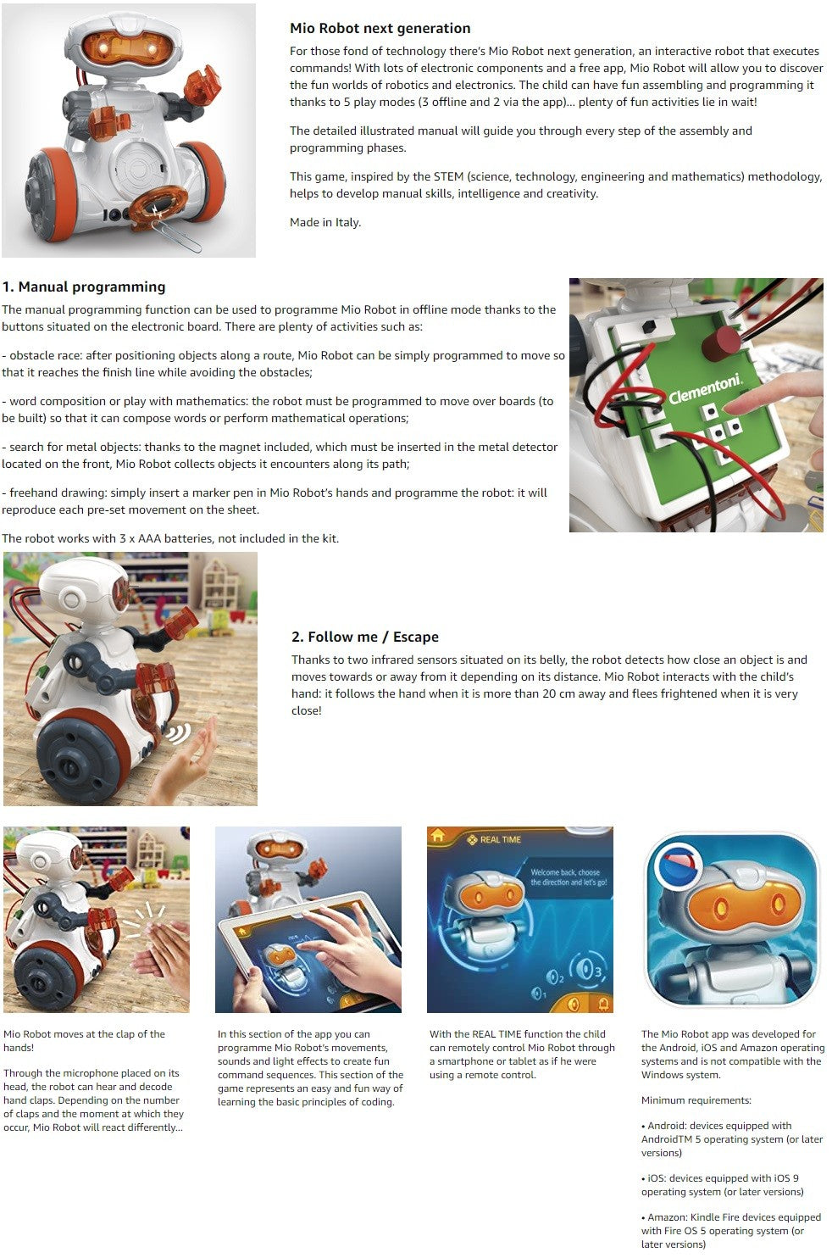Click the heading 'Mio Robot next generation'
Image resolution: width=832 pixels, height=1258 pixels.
click(380, 28)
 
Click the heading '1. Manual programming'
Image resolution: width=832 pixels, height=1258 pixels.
click(84, 287)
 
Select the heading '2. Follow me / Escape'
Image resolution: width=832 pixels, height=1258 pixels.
click(365, 637)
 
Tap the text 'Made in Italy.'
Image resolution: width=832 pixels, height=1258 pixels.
click(325, 222)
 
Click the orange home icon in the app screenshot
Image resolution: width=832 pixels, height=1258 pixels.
click(437, 836)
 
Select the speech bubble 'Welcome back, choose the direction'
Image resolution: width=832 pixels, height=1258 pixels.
click(567, 877)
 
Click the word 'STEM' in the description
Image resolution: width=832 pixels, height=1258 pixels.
click(448, 177)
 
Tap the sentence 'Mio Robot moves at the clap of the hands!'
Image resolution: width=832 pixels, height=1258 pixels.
click(84, 1041)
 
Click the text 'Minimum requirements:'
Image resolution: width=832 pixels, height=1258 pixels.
click(696, 1100)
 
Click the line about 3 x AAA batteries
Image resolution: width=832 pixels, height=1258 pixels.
click(170, 538)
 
